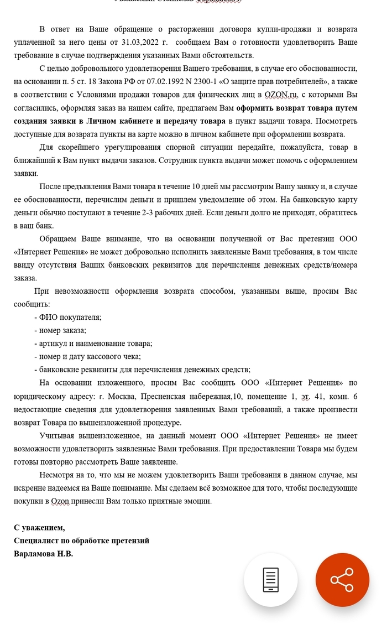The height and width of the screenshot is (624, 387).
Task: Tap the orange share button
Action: click(x=342, y=580)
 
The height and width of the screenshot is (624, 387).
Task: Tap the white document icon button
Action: click(x=270, y=580)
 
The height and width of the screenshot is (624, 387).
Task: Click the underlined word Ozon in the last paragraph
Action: click(x=60, y=501)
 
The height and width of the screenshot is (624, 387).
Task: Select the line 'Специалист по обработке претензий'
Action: click(x=81, y=540)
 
